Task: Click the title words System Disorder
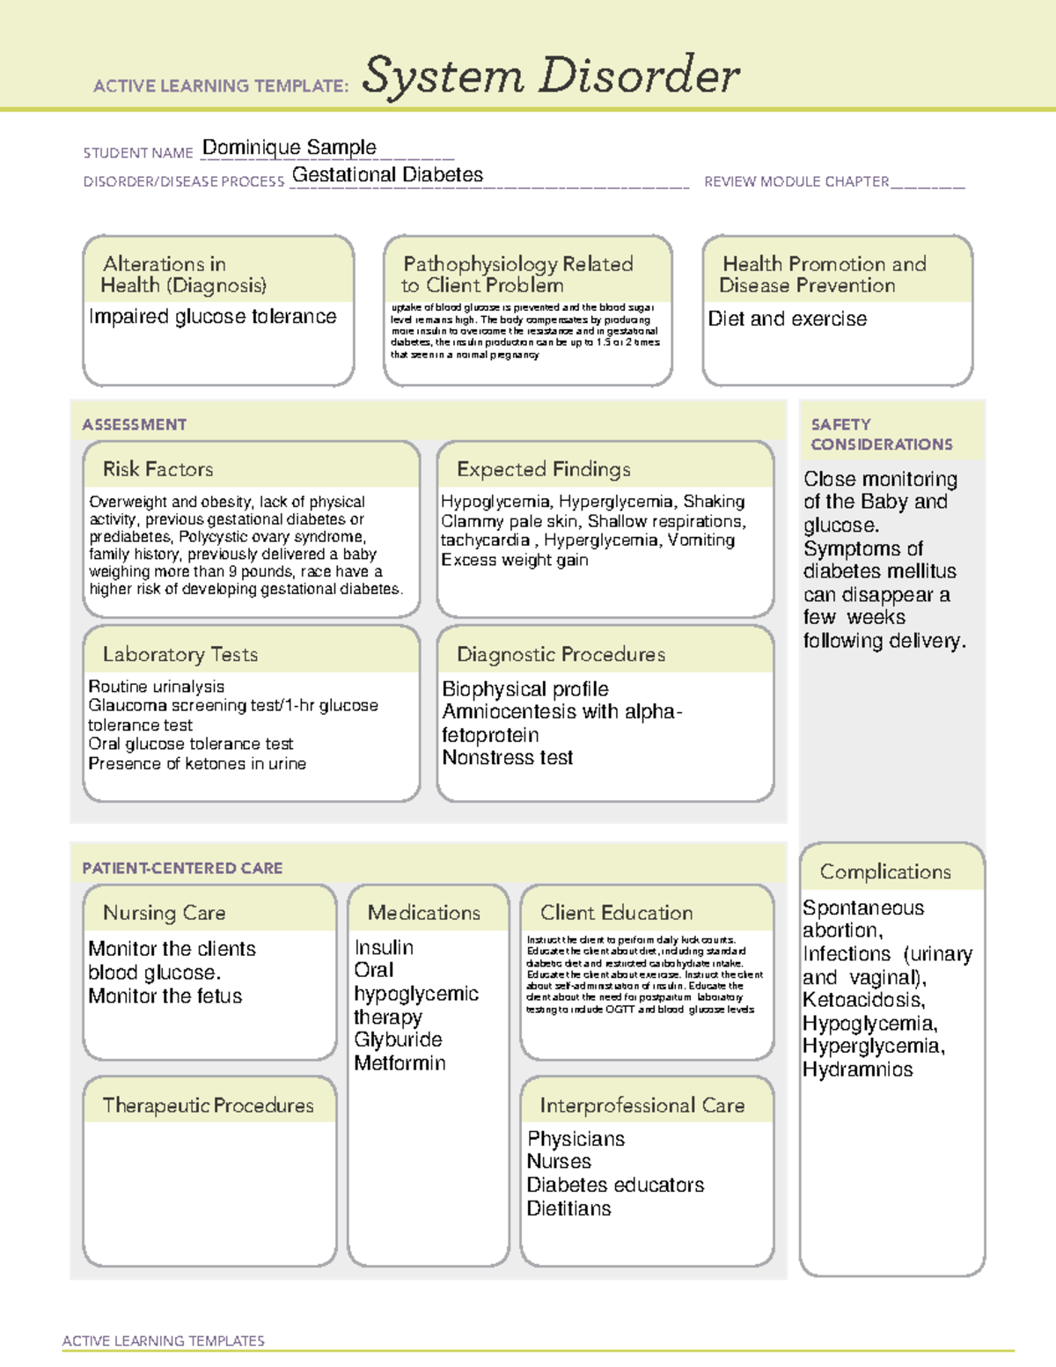tap(551, 76)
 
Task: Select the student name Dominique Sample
tap(289, 147)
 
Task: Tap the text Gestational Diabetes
tap(387, 175)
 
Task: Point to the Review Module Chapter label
tap(796, 181)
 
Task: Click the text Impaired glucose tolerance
tap(212, 317)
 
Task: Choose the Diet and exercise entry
tap(787, 319)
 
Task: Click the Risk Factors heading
tap(158, 469)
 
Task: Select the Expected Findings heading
tap(543, 469)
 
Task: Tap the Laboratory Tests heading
tap(180, 654)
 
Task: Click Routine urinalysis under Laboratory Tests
tap(156, 687)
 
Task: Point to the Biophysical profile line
tap(524, 689)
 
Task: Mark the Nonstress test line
tap(507, 758)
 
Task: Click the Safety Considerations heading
tap(881, 434)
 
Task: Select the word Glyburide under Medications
tap(398, 1040)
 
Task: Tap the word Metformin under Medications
tap(400, 1063)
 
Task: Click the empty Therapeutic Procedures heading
tap(208, 1105)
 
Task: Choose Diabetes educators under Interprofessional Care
tap(615, 1185)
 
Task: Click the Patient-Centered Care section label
tap(182, 868)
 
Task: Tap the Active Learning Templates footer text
tap(163, 1341)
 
